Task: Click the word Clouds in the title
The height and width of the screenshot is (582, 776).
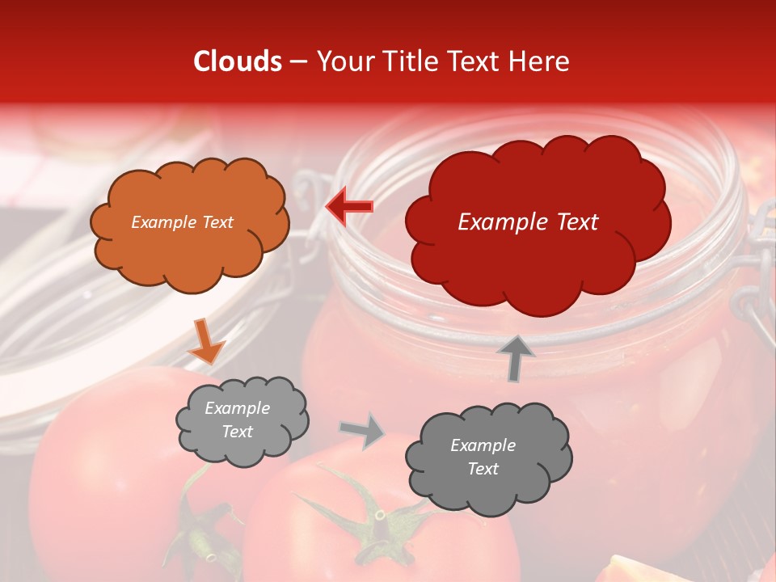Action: tap(238, 61)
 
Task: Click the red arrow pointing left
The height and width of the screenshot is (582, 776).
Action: tap(350, 207)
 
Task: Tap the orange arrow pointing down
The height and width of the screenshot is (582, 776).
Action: tap(206, 342)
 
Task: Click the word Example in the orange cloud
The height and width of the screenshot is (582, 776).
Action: tap(163, 222)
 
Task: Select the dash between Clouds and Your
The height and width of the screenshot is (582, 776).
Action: tap(297, 61)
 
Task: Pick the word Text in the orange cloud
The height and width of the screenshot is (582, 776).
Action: tap(217, 222)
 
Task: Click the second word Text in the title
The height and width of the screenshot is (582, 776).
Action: tap(474, 61)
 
